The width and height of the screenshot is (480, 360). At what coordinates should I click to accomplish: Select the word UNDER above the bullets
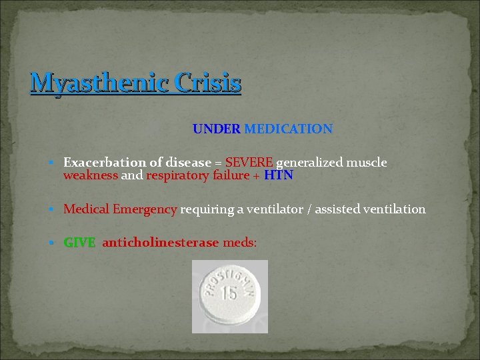tap(217, 129)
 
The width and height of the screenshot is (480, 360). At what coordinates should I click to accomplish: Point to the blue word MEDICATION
tap(289, 129)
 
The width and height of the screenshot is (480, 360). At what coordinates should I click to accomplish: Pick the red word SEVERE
tap(249, 163)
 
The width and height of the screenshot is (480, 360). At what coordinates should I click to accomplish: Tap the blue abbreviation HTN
tap(279, 176)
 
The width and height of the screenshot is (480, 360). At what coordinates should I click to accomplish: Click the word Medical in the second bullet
tap(86, 209)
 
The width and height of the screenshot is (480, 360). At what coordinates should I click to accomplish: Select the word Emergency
tap(145, 209)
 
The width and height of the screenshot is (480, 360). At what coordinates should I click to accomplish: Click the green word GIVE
tap(79, 243)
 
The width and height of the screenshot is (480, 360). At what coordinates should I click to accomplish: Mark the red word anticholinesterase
tap(160, 243)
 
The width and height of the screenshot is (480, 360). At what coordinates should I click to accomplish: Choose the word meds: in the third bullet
tap(239, 243)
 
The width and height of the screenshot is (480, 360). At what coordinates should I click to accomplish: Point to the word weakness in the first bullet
tap(90, 176)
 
